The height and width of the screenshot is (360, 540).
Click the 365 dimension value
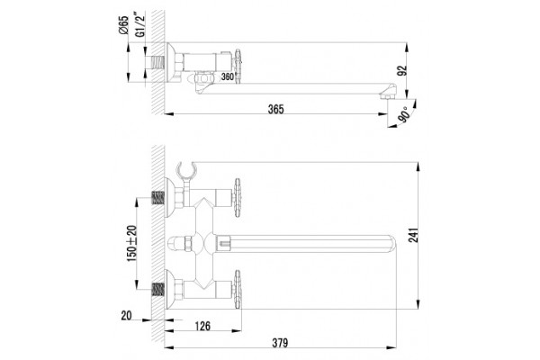pos(276,109)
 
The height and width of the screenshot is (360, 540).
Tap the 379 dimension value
pos(280,343)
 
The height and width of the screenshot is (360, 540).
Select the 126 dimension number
pos(202,326)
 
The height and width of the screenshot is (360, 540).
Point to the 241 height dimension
pos(413,235)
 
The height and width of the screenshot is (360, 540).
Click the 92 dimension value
pos(402,70)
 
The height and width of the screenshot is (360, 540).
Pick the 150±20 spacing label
pos(132,243)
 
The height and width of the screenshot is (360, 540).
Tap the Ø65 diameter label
pos(124,25)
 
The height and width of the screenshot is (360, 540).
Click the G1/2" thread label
pos(139,25)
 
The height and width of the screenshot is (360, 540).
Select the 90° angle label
pos(405,114)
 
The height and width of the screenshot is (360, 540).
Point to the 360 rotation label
pos(228,76)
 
